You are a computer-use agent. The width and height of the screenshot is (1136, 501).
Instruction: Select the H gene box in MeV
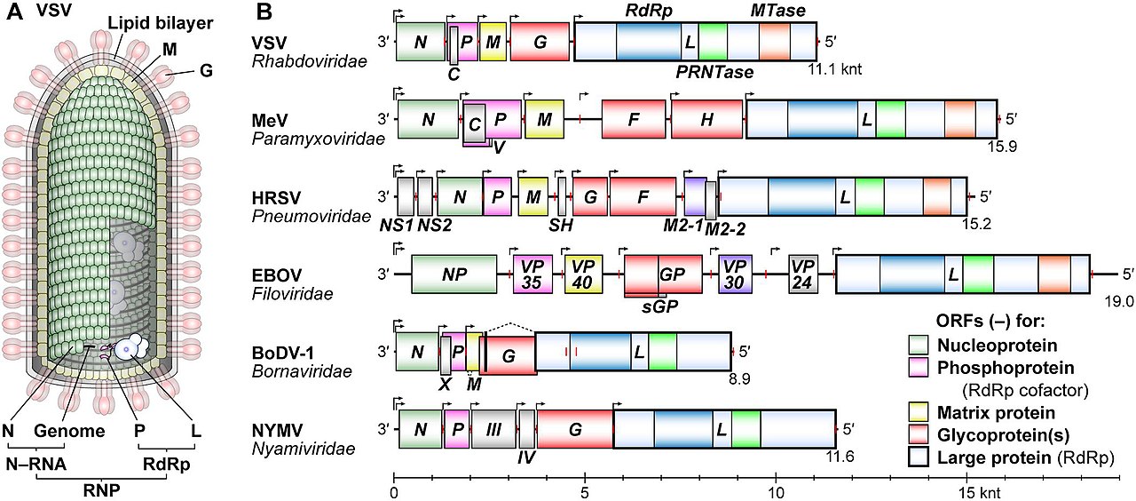pyautogui.click(x=706, y=118)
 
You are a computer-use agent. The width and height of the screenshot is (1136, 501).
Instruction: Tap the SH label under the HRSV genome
pyautogui.click(x=561, y=225)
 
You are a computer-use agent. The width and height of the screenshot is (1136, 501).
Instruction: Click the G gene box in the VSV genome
pyautogui.click(x=540, y=42)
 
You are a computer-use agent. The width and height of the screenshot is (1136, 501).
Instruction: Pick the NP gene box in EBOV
pyautogui.click(x=454, y=274)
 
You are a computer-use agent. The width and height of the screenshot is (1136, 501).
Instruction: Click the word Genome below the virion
pyautogui.click(x=70, y=432)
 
